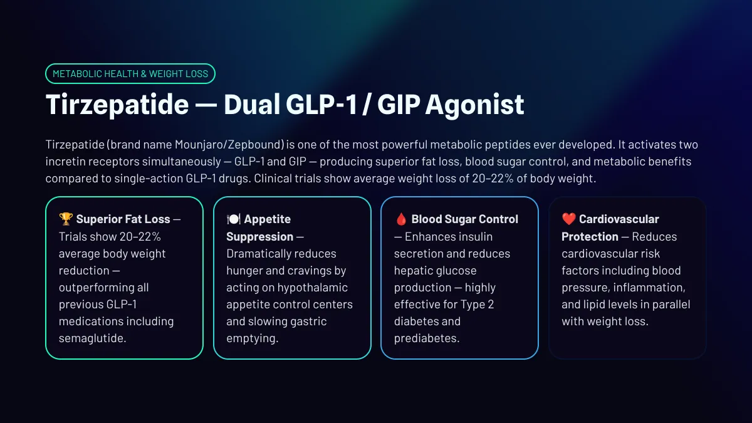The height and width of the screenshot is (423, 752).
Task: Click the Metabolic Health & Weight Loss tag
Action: coord(130,73)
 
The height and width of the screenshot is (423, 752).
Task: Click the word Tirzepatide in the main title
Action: coord(117,105)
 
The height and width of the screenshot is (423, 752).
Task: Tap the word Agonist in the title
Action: coord(474,105)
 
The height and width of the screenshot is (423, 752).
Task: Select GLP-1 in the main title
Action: coord(321,105)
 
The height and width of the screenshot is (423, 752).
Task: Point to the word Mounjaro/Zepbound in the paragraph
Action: coord(229,145)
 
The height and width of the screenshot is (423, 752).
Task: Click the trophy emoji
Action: coord(66,219)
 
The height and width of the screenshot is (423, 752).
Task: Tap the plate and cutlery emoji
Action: coord(233,219)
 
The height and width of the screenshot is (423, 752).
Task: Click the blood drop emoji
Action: coord(401,219)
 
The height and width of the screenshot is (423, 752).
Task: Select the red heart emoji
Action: coord(569,219)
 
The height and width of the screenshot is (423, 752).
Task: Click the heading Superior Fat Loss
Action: coord(123,219)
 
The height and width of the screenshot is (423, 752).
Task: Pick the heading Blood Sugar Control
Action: coord(465,219)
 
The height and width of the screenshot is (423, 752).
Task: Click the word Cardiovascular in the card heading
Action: coord(619,219)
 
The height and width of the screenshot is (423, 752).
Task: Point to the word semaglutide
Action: coord(92,338)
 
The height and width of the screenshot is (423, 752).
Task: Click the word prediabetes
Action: coord(427,338)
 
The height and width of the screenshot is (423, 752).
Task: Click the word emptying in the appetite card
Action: coord(253,338)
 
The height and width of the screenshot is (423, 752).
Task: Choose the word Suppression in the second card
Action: coord(260,237)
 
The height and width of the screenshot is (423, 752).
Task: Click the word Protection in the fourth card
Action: coord(590,237)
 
